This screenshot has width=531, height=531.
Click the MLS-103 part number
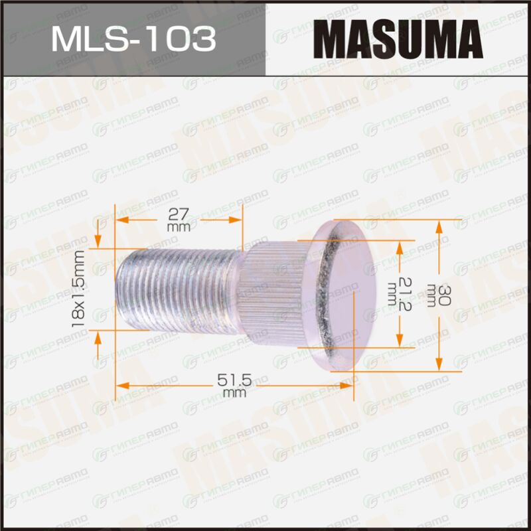pos(133,39)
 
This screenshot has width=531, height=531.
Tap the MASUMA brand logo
pos(398,39)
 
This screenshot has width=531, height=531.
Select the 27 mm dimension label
pos(179,220)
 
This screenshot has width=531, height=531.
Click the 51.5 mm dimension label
pos(234,385)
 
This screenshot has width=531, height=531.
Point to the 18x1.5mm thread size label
pos(78,289)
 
